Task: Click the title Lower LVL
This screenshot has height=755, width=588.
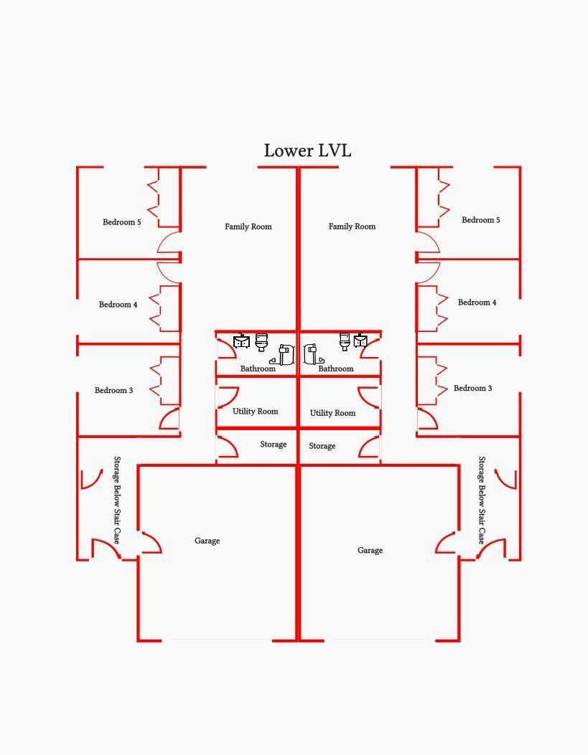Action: click(307, 151)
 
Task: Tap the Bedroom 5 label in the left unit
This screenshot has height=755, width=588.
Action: click(122, 222)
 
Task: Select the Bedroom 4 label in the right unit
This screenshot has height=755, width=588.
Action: click(477, 303)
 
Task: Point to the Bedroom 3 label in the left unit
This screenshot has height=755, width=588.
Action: click(113, 390)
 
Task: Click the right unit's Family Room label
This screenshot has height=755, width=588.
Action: click(352, 227)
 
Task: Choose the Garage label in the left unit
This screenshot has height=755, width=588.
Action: click(207, 541)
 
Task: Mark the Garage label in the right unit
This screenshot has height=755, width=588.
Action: click(370, 551)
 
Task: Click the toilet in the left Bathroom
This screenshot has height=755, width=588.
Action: click(261, 342)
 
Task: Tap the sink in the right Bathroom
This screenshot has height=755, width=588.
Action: click(360, 341)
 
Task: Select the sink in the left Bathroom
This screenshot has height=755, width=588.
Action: click(241, 341)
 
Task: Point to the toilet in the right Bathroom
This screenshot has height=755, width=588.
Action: click(344, 341)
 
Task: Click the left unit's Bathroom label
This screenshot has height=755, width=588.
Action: click(258, 369)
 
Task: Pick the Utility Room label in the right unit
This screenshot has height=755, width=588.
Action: click(332, 413)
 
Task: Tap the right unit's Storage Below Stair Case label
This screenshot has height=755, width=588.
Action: click(482, 500)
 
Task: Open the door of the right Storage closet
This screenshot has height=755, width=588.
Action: click(369, 447)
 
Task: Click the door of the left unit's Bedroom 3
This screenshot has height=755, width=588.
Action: click(169, 418)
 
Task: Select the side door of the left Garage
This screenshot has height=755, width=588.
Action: click(151, 543)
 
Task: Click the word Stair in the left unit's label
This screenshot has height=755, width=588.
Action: click(116, 516)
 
